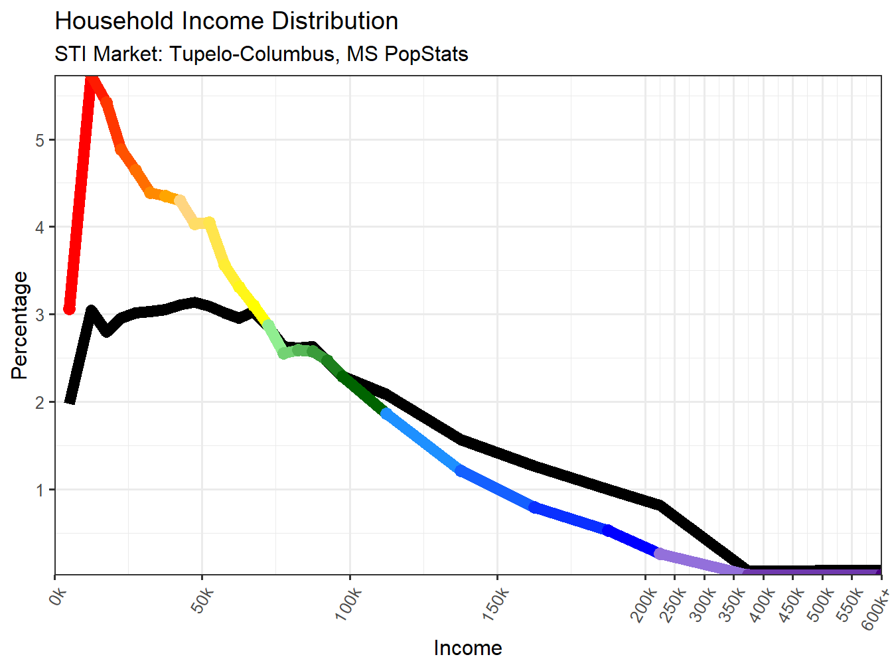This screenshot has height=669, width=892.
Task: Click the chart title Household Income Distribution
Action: click(226, 21)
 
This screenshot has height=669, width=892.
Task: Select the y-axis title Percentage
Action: click(20, 325)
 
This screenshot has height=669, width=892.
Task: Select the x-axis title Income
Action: click(467, 648)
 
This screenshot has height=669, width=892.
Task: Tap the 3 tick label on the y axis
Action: click(40, 315)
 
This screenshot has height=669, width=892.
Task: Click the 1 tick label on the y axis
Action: click(40, 490)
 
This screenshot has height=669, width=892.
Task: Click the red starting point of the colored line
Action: click(69, 309)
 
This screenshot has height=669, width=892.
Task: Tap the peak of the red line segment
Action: click(92, 80)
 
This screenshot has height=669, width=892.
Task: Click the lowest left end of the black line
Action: click(70, 400)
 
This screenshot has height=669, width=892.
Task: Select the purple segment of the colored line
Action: click(697, 562)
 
